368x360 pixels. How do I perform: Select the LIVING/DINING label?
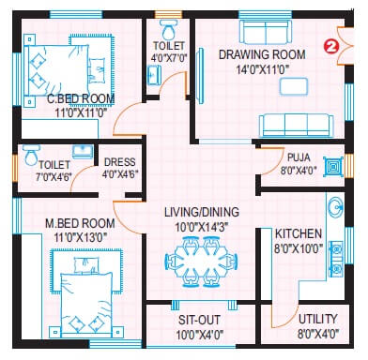[199, 212]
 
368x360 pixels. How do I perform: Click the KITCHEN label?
[299, 233]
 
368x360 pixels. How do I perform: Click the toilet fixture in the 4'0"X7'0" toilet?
[170, 23]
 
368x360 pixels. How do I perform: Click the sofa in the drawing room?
[294, 126]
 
